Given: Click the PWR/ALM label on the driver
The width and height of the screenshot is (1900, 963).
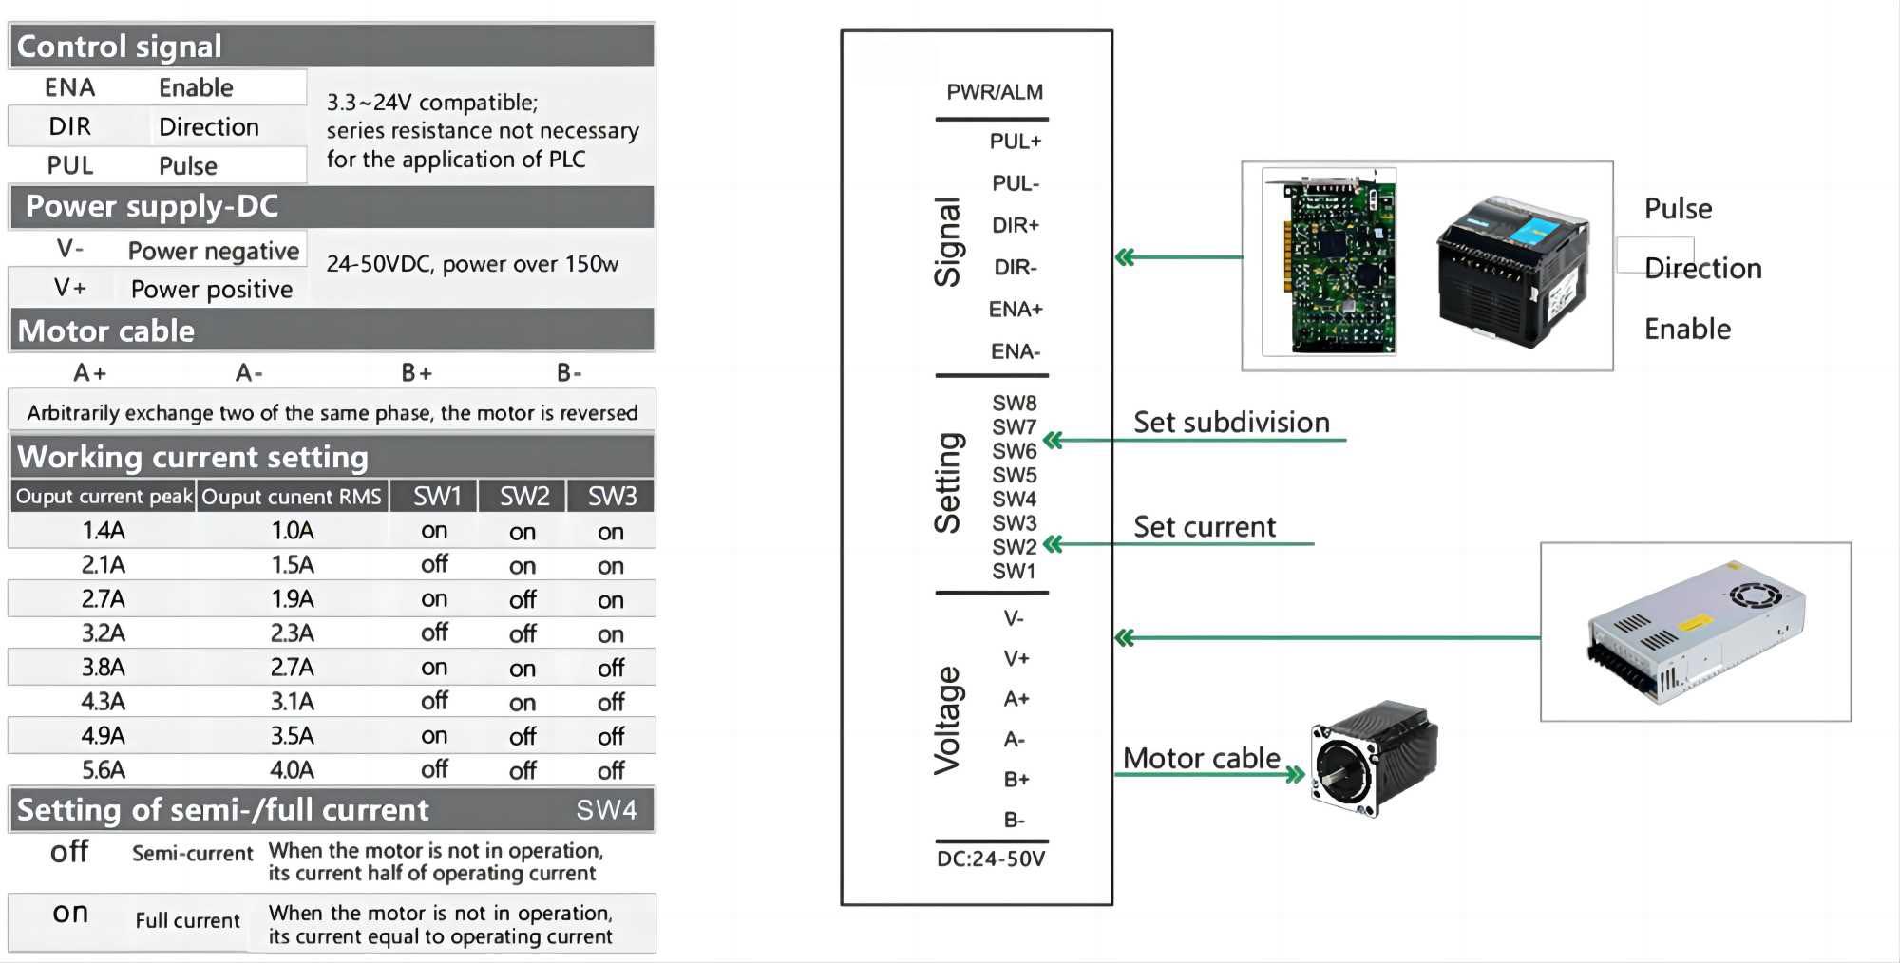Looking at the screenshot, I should (x=994, y=92).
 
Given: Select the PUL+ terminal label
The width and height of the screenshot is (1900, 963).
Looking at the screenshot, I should (x=1015, y=142).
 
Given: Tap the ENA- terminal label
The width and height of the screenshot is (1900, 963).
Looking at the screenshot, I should (x=1015, y=351).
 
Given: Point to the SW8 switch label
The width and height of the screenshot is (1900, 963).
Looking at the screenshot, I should (x=1014, y=403).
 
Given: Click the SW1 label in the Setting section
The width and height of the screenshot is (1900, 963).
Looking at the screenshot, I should (x=1014, y=571).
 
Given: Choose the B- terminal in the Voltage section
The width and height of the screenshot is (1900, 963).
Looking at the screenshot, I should (x=1014, y=820).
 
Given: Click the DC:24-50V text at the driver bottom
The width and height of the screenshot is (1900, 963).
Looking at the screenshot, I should (x=990, y=859).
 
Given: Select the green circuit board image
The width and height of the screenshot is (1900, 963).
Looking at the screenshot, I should (x=1329, y=262).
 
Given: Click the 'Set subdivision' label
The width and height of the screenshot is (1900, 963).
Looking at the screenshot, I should (x=1231, y=423).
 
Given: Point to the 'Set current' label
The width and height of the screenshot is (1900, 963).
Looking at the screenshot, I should (x=1204, y=527).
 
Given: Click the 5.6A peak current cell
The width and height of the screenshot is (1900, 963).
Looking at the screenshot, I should (x=103, y=769).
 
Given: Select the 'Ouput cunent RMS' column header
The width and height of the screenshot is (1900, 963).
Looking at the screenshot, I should (x=291, y=497).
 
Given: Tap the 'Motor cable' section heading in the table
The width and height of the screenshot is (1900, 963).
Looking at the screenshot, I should (x=106, y=330).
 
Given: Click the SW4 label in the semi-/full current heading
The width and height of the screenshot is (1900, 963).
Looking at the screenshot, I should (x=605, y=810).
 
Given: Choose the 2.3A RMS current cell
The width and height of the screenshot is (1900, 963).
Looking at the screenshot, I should (x=292, y=633).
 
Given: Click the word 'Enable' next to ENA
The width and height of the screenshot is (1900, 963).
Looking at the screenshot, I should (x=196, y=87).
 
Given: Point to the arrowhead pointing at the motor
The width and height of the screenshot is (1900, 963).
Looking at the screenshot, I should (x=1294, y=775).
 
